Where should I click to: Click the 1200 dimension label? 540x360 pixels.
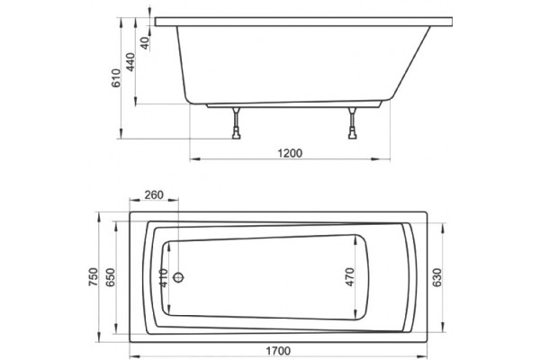[290, 153]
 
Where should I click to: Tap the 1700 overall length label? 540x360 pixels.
[278, 351]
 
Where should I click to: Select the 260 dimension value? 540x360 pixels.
[154, 195]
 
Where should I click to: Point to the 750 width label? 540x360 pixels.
[94, 277]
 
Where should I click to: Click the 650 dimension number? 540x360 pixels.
[110, 277]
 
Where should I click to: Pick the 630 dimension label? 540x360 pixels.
[436, 278]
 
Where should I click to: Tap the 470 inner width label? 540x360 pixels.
[349, 277]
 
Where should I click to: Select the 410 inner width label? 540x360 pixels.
[164, 278]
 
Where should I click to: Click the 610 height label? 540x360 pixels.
[116, 78]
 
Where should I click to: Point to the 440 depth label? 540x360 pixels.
[130, 62]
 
